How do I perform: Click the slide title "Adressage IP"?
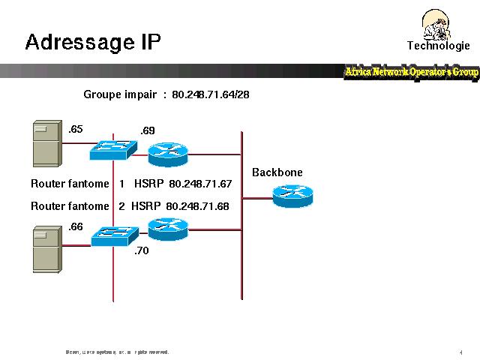tap(93, 42)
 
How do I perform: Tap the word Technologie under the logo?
tap(439, 46)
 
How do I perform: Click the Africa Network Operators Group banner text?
tap(411, 72)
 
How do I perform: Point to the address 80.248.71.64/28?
tap(211, 95)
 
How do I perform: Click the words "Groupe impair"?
tap(120, 95)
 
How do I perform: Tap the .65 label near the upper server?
tap(75, 130)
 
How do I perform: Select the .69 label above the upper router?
tap(148, 131)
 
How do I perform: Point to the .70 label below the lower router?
tap(141, 251)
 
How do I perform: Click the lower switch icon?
tap(113, 237)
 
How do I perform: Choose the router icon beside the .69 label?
tap(166, 153)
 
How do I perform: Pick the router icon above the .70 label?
tap(166, 227)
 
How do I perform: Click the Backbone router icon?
tap(292, 195)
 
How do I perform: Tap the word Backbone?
tap(277, 172)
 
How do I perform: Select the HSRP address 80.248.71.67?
tap(200, 184)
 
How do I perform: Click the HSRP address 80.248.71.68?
tap(197, 206)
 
